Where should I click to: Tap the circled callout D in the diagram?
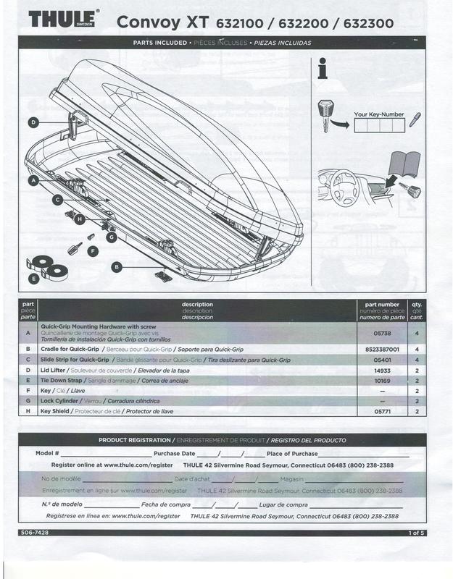tap(33, 123)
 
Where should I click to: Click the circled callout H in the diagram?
tap(80, 219)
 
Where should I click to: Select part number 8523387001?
tap(382, 349)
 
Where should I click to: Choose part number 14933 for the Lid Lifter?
tap(382, 370)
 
